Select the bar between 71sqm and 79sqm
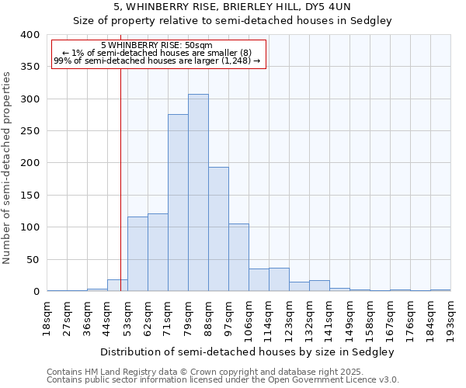(178, 203)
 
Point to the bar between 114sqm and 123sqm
(279, 279)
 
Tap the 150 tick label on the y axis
(30, 196)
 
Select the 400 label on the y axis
(30, 35)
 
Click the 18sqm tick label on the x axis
(47, 316)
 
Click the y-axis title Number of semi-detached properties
(8, 167)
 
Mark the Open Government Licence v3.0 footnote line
(223, 380)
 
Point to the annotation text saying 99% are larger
(156, 61)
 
